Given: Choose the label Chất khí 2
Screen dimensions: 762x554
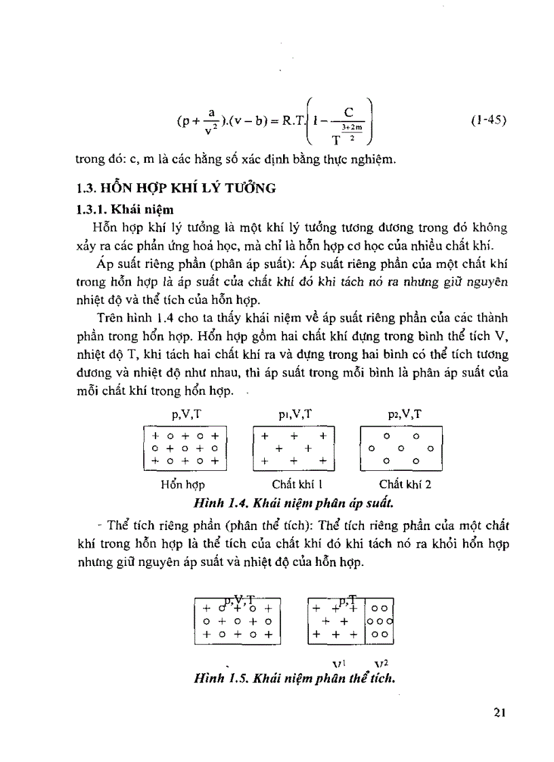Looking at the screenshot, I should [405, 485].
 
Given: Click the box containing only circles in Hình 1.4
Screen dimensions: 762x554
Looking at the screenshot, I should [401, 447].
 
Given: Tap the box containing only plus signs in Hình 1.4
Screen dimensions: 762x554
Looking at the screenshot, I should [294, 447].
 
